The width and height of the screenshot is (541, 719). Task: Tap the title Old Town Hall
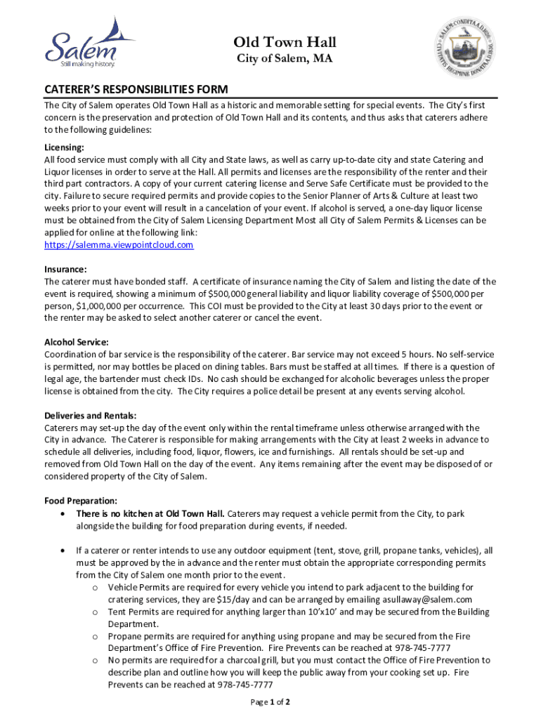[285, 42]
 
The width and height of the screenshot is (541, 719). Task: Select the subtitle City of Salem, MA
[283, 59]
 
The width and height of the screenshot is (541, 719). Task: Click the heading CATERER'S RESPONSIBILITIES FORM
[136, 90]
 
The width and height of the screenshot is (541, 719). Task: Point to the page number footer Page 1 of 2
[270, 702]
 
